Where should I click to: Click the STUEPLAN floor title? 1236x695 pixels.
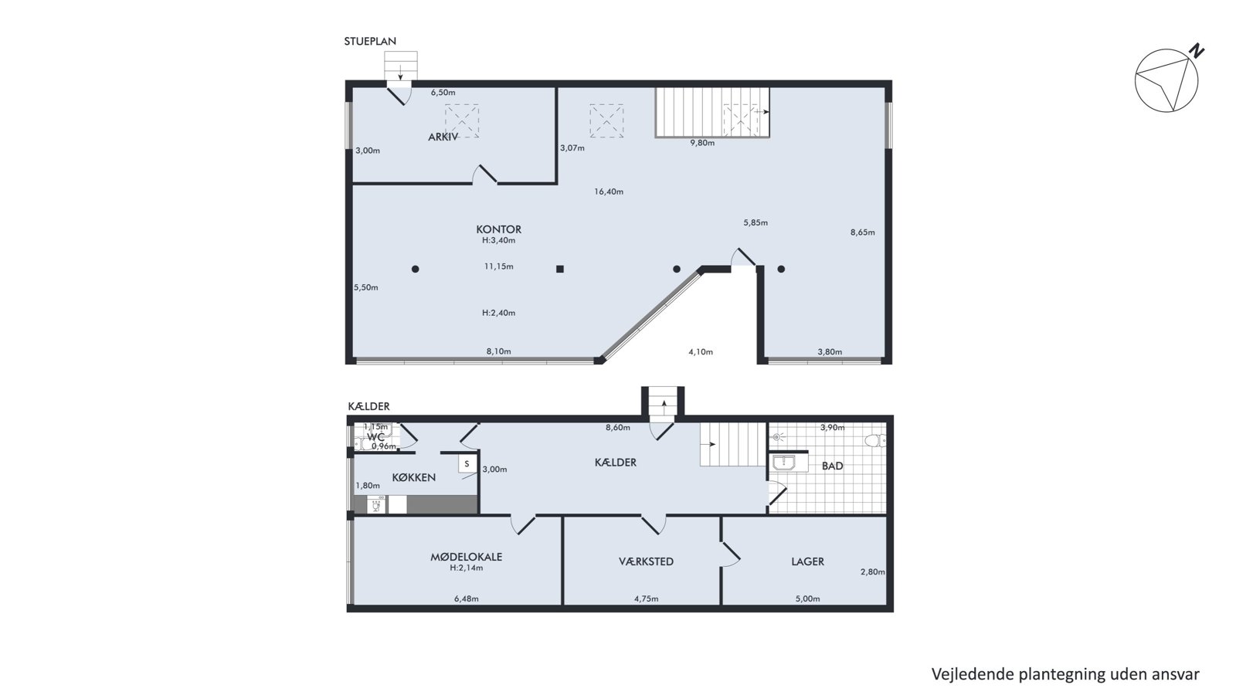(x=370, y=42)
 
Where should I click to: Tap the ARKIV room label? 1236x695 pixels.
(x=443, y=137)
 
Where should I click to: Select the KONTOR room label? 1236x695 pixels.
(x=499, y=229)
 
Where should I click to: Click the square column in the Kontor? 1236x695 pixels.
(x=560, y=270)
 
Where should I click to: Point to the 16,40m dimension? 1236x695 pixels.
(x=609, y=192)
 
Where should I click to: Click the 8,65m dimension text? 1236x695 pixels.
(x=862, y=232)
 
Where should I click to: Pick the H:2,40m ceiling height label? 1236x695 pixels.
(x=499, y=313)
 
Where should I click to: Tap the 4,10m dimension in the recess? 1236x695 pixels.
(x=701, y=352)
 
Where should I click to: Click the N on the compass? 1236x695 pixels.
(x=1197, y=51)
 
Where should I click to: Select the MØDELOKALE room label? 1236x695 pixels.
(x=467, y=557)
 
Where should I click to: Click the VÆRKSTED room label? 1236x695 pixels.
(x=646, y=561)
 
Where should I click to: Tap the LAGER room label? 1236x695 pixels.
(x=808, y=561)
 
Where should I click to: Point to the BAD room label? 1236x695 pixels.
(x=833, y=466)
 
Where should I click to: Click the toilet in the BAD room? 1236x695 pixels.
(x=875, y=440)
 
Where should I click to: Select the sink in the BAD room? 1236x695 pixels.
(x=783, y=463)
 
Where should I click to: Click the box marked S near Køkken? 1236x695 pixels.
(x=467, y=464)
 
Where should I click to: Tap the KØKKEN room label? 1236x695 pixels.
(x=414, y=478)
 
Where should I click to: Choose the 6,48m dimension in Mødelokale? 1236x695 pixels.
(x=467, y=598)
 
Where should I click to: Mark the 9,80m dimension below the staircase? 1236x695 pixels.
(x=702, y=143)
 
